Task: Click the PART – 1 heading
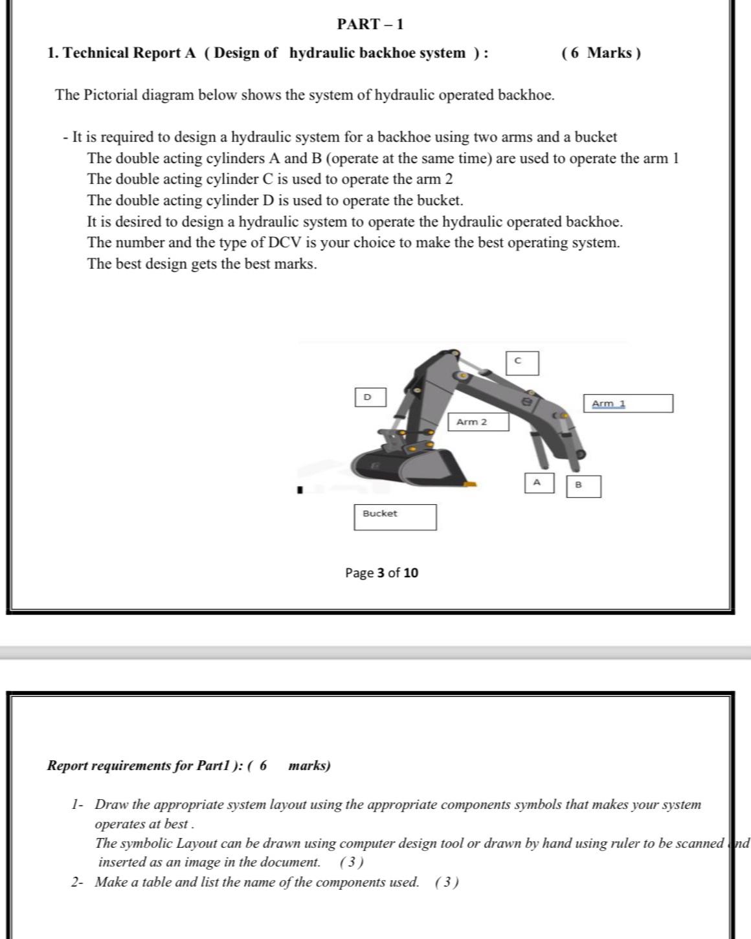coord(370,25)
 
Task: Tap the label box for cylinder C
coord(522,363)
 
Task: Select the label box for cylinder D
coord(370,397)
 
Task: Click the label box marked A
coord(539,483)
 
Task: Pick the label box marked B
coord(583,486)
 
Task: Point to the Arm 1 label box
coord(628,404)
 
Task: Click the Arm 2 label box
coord(478,423)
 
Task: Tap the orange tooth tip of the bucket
coord(471,483)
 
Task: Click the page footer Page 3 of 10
coord(381,573)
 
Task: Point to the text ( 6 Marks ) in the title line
coord(601,53)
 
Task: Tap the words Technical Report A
coord(129,53)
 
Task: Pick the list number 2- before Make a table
coord(78,882)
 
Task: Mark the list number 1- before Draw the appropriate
coord(78,804)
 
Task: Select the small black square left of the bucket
coord(300,490)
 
